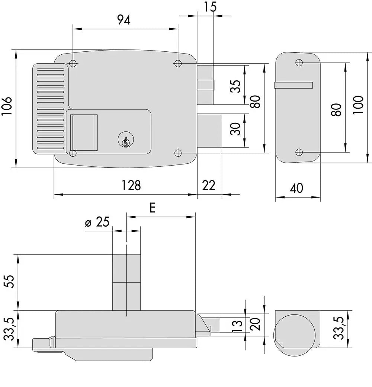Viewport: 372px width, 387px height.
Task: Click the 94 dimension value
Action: pos(124,20)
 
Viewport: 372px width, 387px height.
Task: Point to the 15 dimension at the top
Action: pos(210,7)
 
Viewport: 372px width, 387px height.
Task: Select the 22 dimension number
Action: pos(208,185)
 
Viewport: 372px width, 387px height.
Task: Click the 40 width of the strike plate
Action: pos(296,188)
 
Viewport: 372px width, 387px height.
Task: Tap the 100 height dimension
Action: pos(358,105)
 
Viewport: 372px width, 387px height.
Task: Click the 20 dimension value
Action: pos(255,325)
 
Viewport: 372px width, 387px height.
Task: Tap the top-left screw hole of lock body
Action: pos(73,64)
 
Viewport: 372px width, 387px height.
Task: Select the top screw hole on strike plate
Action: pos(299,62)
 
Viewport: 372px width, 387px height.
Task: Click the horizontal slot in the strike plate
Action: pos(293,85)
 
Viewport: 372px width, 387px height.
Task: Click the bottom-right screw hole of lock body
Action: pos(178,153)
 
